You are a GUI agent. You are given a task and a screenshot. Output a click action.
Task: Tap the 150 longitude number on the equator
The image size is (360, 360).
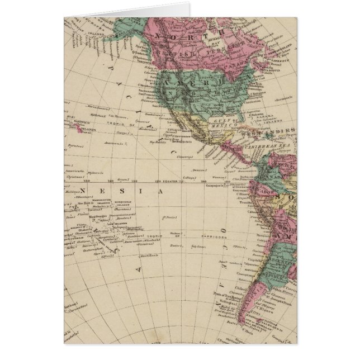coord(87,181)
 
